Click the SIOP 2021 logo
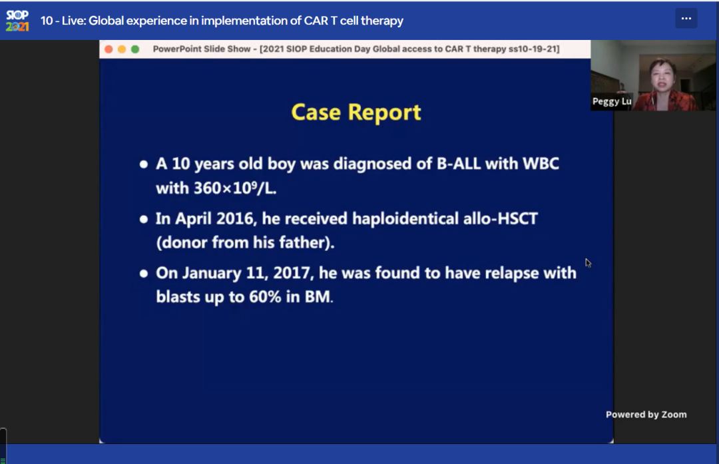tap(17, 21)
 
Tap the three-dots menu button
tap(686, 19)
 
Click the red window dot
tap(109, 49)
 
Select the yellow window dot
tap(122, 49)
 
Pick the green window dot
tap(135, 49)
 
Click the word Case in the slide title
tap(316, 113)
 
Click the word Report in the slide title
tap(384, 113)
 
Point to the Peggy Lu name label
tap(612, 101)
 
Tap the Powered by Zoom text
tap(646, 415)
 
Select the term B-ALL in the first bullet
tap(459, 164)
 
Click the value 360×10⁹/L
tap(235, 188)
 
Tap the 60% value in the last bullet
tap(265, 297)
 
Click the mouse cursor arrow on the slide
tap(588, 263)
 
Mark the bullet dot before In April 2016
tap(144, 219)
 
